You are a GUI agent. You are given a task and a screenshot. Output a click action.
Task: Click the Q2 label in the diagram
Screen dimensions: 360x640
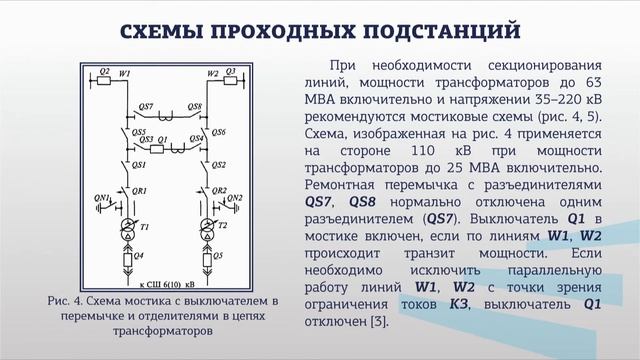point(104,73)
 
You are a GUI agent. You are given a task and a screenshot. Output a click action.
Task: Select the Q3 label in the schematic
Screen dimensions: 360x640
point(230,73)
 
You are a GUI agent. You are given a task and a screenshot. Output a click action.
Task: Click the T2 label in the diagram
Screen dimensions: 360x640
point(223,227)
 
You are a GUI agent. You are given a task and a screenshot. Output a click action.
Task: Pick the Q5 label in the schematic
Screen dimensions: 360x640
point(215,256)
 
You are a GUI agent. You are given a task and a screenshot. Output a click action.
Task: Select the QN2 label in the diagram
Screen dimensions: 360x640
point(236,197)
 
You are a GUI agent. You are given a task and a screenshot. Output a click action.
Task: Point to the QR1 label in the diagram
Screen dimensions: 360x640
point(140,190)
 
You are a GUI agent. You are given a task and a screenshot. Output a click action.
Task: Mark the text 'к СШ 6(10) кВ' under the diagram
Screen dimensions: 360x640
point(168,287)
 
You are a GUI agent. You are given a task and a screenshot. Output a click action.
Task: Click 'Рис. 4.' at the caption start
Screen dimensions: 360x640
point(65,299)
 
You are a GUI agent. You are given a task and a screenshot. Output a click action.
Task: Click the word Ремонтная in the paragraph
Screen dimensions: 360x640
point(337,186)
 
